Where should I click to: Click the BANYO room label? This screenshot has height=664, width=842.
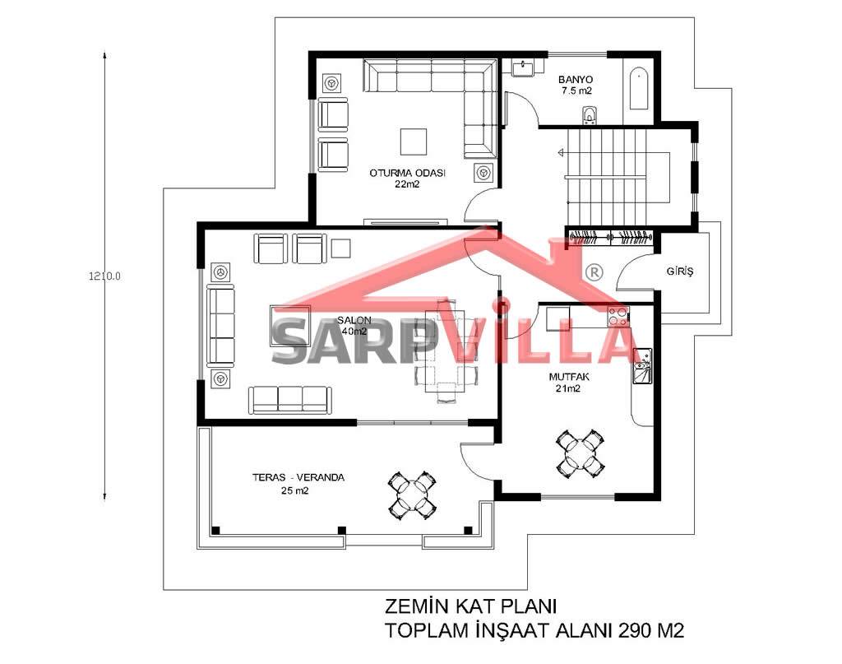click(x=575, y=80)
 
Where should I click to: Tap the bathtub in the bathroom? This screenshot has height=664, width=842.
click(x=638, y=89)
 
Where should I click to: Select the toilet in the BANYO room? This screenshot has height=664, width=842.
click(x=590, y=116)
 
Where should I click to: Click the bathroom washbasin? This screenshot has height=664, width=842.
click(x=522, y=67)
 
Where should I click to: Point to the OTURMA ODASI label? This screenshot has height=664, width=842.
click(x=407, y=173)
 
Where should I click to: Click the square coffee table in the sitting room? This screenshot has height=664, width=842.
click(x=414, y=142)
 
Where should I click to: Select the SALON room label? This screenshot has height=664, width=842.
click(x=354, y=320)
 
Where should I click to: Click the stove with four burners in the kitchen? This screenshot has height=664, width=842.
click(x=618, y=317)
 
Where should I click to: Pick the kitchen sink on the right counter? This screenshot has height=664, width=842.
click(x=642, y=366)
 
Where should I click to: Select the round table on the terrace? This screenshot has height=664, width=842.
click(x=412, y=495)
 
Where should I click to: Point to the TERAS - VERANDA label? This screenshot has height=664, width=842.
click(x=298, y=477)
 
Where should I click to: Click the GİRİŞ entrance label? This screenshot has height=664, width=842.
click(x=680, y=271)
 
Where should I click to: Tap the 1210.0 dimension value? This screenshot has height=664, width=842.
click(x=104, y=276)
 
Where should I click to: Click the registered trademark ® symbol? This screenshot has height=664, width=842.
click(x=594, y=272)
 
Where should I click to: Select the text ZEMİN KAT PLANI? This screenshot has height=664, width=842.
click(x=470, y=606)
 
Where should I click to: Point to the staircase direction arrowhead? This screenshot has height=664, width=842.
click(x=561, y=152)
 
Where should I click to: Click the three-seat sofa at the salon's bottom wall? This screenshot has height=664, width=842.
click(x=289, y=400)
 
